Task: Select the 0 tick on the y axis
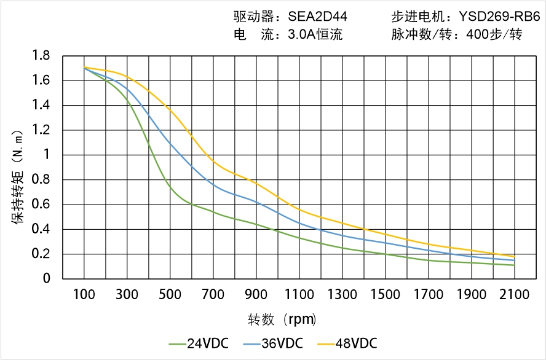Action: tap(47, 279)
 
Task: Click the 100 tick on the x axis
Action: tap(84, 295)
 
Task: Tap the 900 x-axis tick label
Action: tap(256, 295)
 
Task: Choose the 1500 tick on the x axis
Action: tap(385, 295)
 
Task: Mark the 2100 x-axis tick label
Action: tap(515, 295)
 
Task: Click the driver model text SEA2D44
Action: tap(317, 17)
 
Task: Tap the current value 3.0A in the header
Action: tap(300, 34)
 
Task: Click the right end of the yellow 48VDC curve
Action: tap(515, 256)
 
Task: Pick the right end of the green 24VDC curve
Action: tap(515, 265)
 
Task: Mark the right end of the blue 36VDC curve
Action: tap(515, 260)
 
